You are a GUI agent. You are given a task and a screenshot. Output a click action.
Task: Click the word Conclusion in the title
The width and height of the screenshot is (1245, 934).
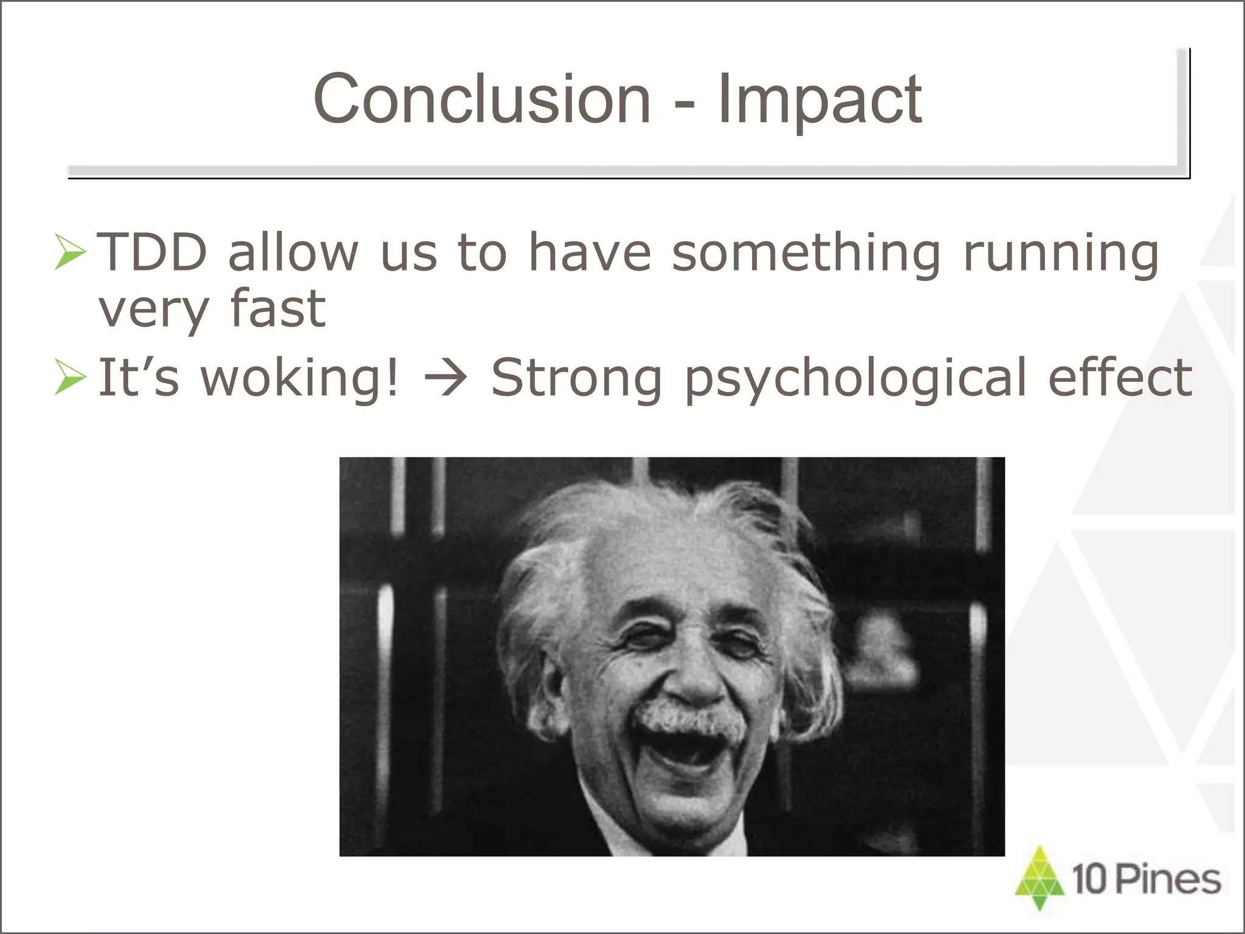[x=482, y=99]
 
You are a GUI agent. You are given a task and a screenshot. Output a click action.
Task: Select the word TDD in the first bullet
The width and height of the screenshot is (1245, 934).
[x=153, y=252]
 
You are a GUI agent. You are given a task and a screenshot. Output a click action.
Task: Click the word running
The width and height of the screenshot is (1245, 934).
[x=1061, y=254]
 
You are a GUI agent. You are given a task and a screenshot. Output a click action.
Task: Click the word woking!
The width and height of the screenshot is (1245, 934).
[x=300, y=378]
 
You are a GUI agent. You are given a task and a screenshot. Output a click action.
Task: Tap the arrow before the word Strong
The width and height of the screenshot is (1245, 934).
[x=446, y=378]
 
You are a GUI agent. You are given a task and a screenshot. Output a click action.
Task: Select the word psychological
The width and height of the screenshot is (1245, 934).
[x=855, y=379]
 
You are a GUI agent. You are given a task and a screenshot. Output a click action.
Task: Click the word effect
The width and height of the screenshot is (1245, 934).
[x=1120, y=377]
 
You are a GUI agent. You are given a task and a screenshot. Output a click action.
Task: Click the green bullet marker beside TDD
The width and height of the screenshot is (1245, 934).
[x=70, y=251]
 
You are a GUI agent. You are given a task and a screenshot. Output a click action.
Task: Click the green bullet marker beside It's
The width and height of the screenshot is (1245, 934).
[x=70, y=377]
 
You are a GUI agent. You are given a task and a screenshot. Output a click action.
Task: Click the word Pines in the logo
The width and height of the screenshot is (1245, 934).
[x=1168, y=879]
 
